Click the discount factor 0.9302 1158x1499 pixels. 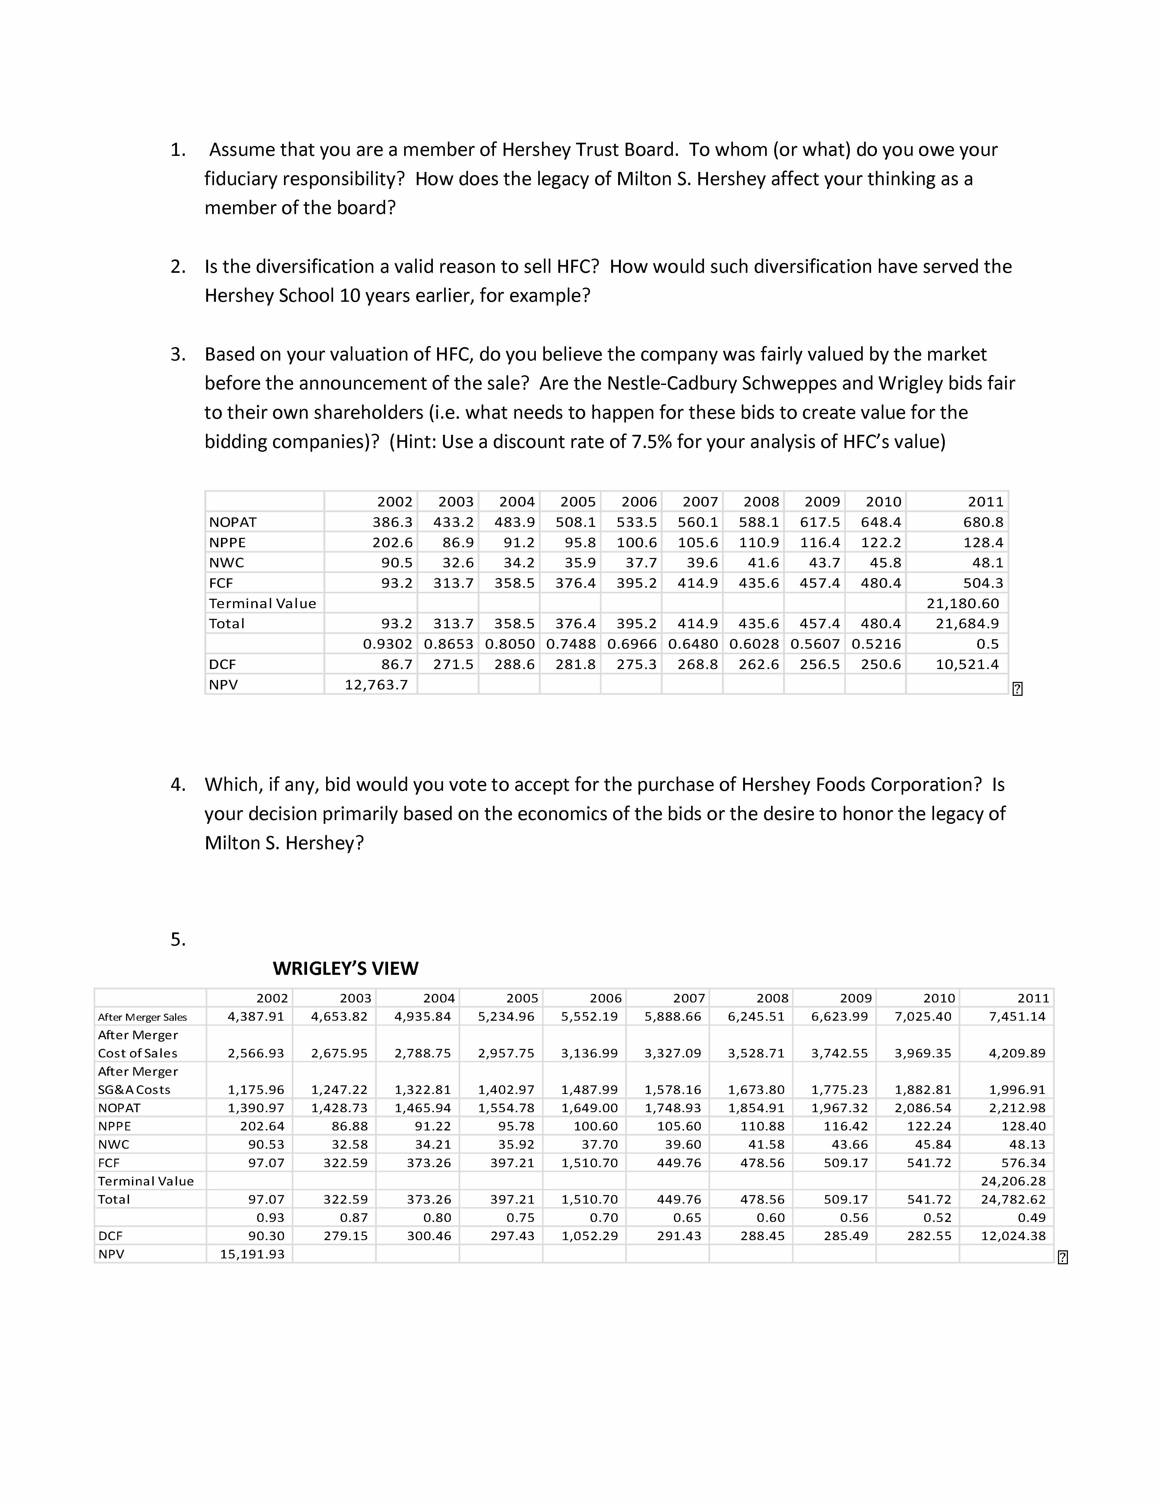click(388, 644)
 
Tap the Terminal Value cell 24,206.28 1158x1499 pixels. click(1013, 1181)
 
